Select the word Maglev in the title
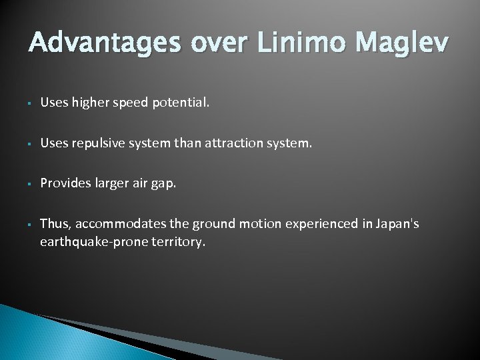[403, 43]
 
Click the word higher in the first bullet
[89, 103]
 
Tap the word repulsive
[97, 143]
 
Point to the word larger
[112, 183]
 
